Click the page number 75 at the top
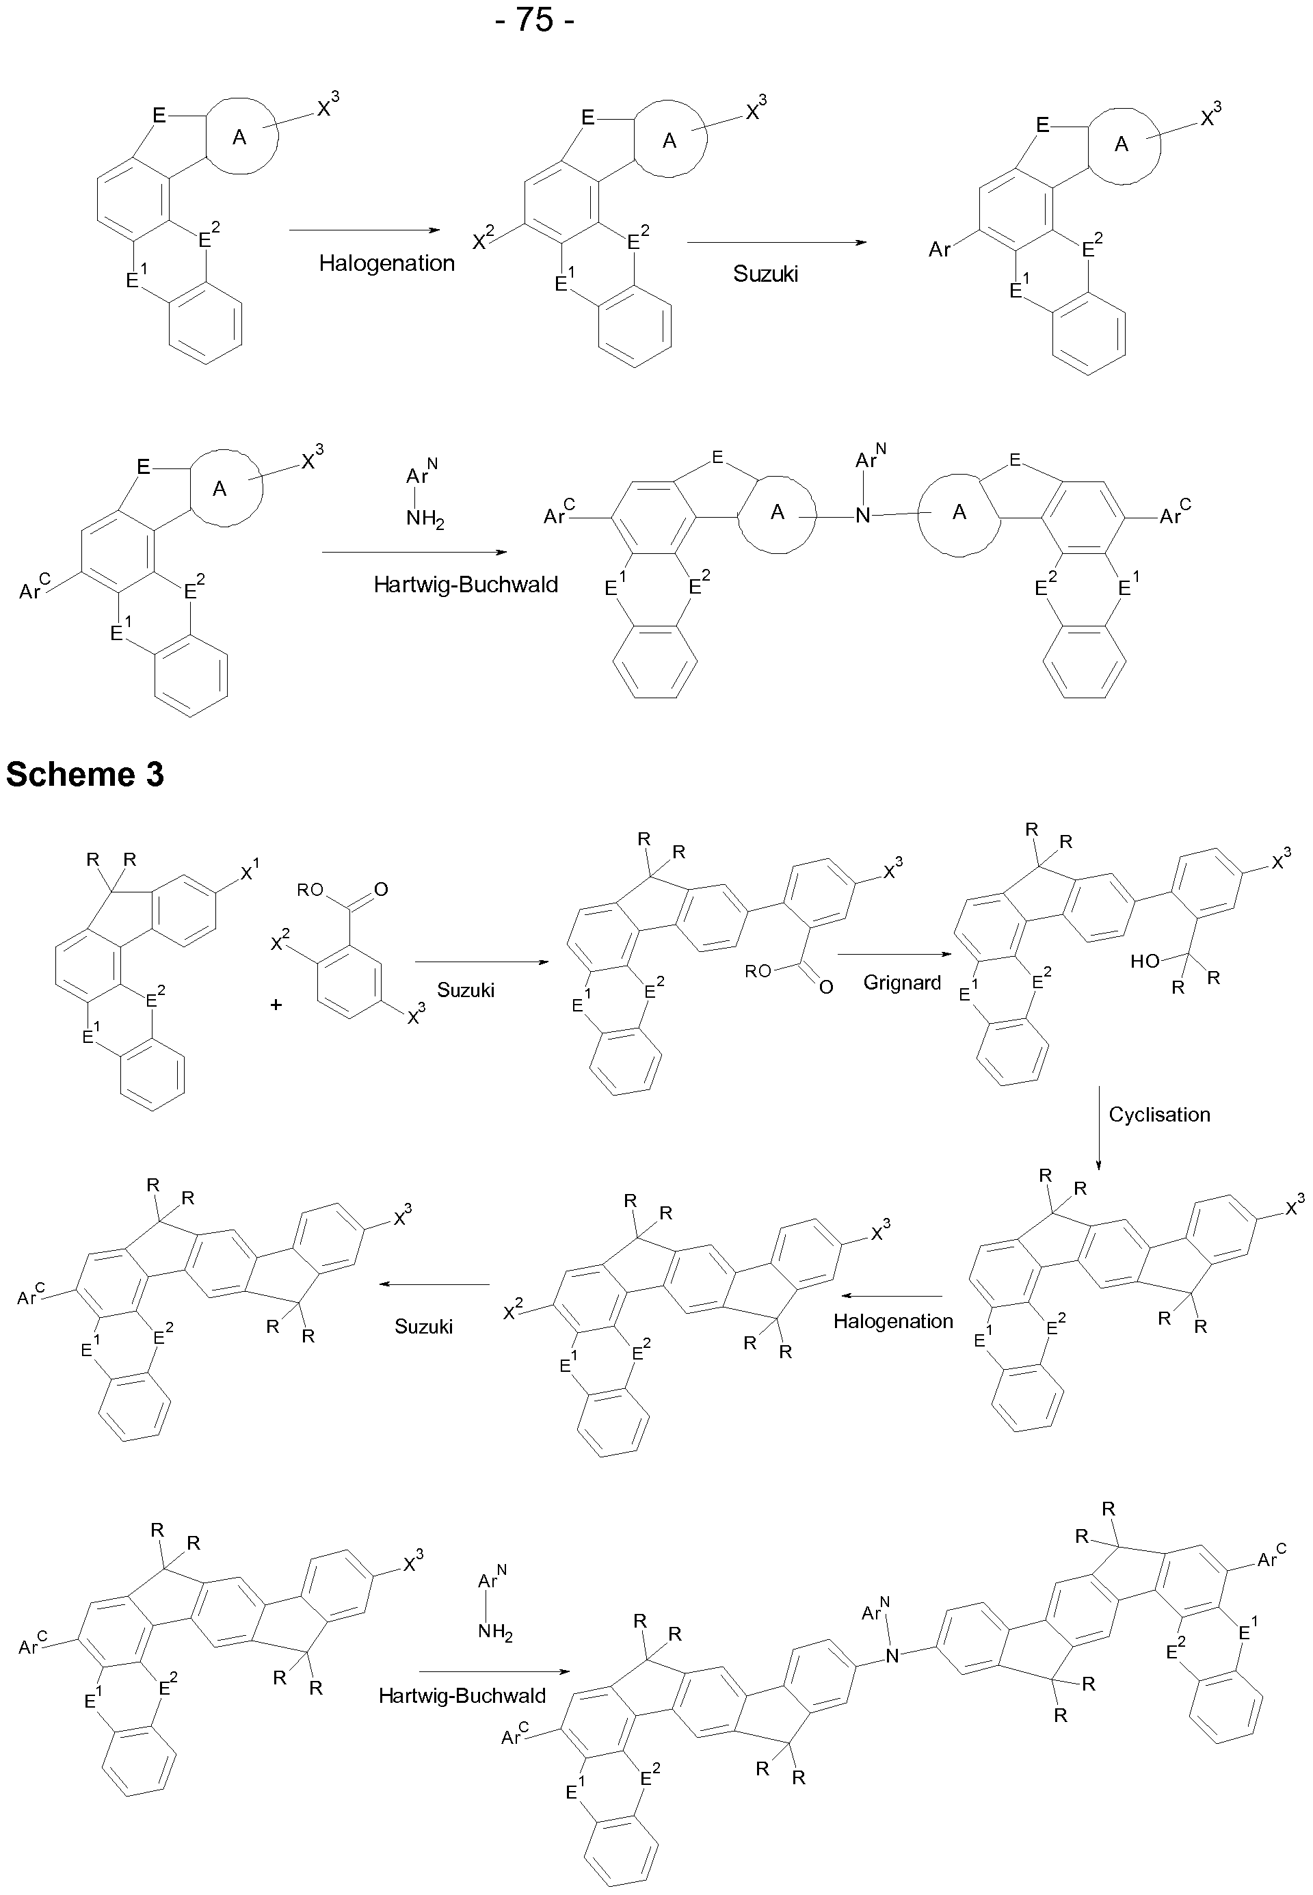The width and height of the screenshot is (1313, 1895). pos(535,18)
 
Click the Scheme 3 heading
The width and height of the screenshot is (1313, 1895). pos(85,774)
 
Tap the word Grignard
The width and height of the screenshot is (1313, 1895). pos(901,982)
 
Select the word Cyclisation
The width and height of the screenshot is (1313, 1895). pos(1159,1115)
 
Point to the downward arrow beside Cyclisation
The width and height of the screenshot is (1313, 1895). pos(1098,1128)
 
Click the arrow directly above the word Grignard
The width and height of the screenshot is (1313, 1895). pos(894,954)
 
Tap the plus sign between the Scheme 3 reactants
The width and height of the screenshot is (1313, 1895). pos(276,1004)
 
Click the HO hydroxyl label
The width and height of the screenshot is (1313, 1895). pos(1144,961)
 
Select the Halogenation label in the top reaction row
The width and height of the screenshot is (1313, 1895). pos(386,263)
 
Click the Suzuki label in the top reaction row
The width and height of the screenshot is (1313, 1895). pos(765,274)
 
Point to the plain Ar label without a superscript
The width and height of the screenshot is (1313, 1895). pos(940,248)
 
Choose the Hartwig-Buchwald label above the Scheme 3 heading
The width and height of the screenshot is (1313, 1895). pos(466,585)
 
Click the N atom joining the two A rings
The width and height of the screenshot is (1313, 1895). pos(862,516)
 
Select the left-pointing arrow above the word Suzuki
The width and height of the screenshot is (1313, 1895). pos(434,1284)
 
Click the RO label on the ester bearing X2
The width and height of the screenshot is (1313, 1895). pos(310,889)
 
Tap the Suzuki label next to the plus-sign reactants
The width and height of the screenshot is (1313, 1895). pos(466,990)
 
